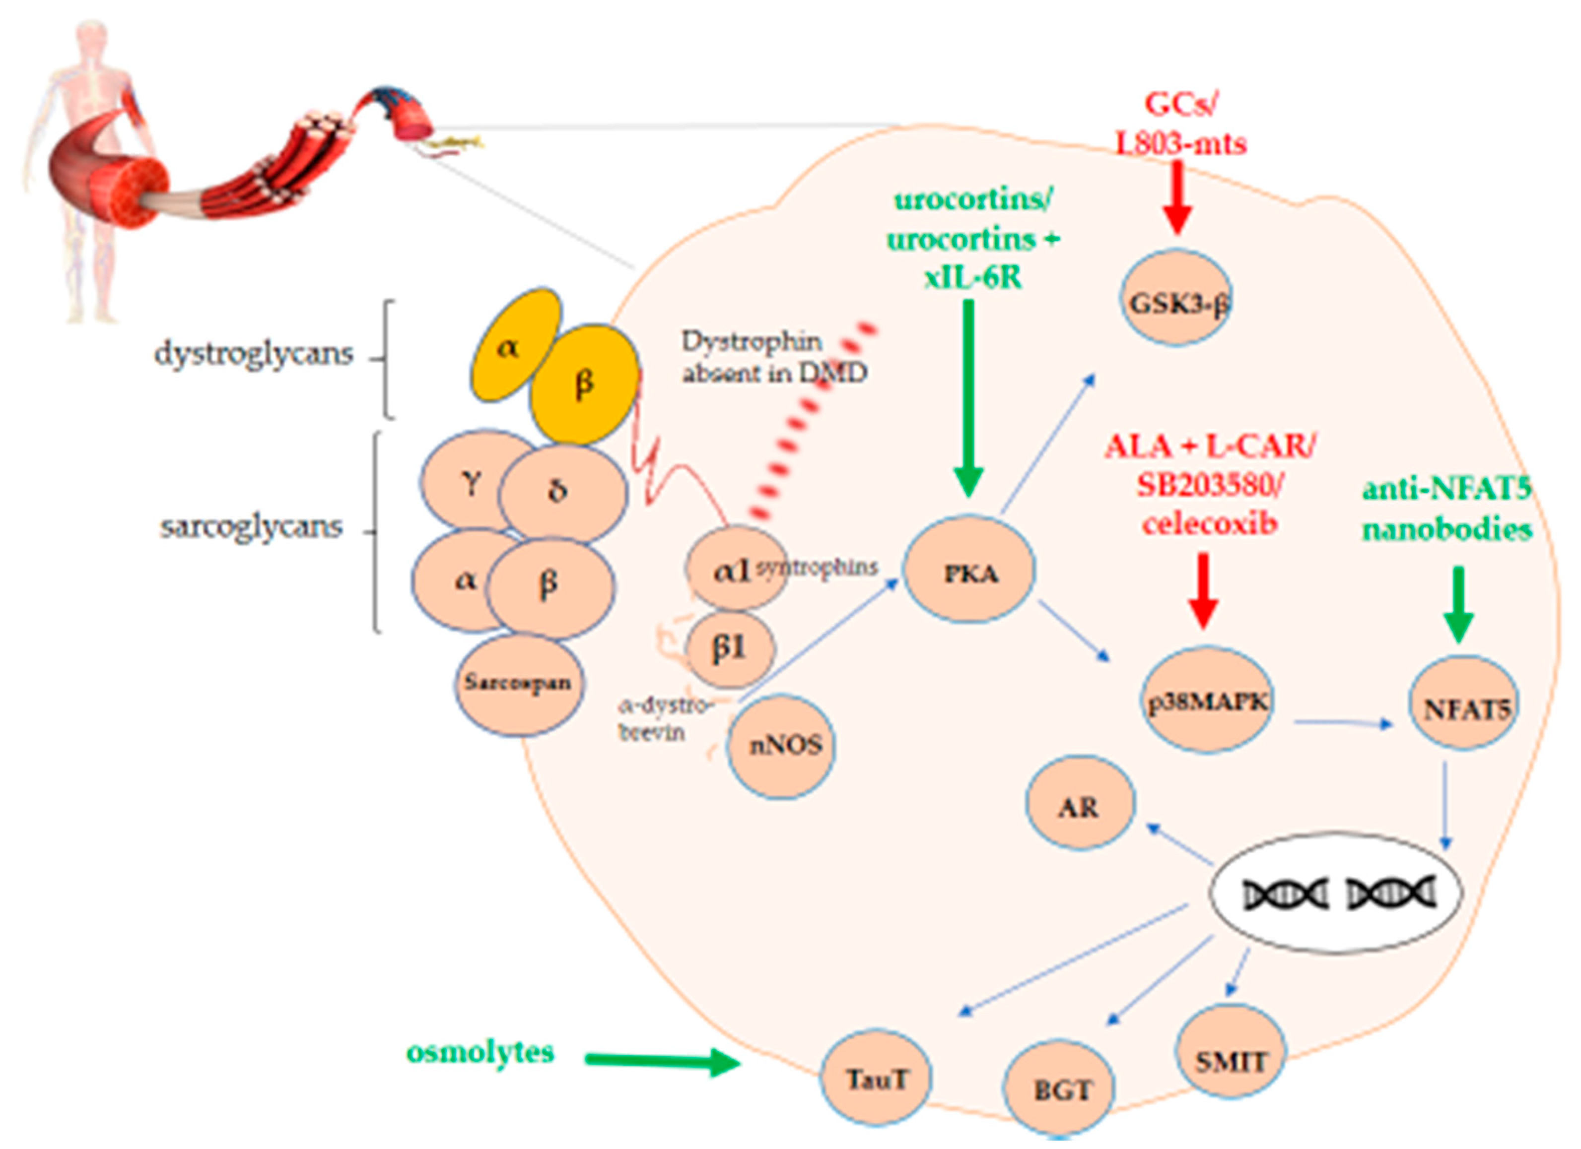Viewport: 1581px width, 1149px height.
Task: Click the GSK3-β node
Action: pos(1176,300)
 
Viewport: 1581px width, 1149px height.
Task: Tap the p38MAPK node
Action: pos(1208,701)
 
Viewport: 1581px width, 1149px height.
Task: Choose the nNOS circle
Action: pos(781,746)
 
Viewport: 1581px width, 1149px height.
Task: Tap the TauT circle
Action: pos(876,1077)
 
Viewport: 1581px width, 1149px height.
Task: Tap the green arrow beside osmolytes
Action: pos(662,1061)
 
